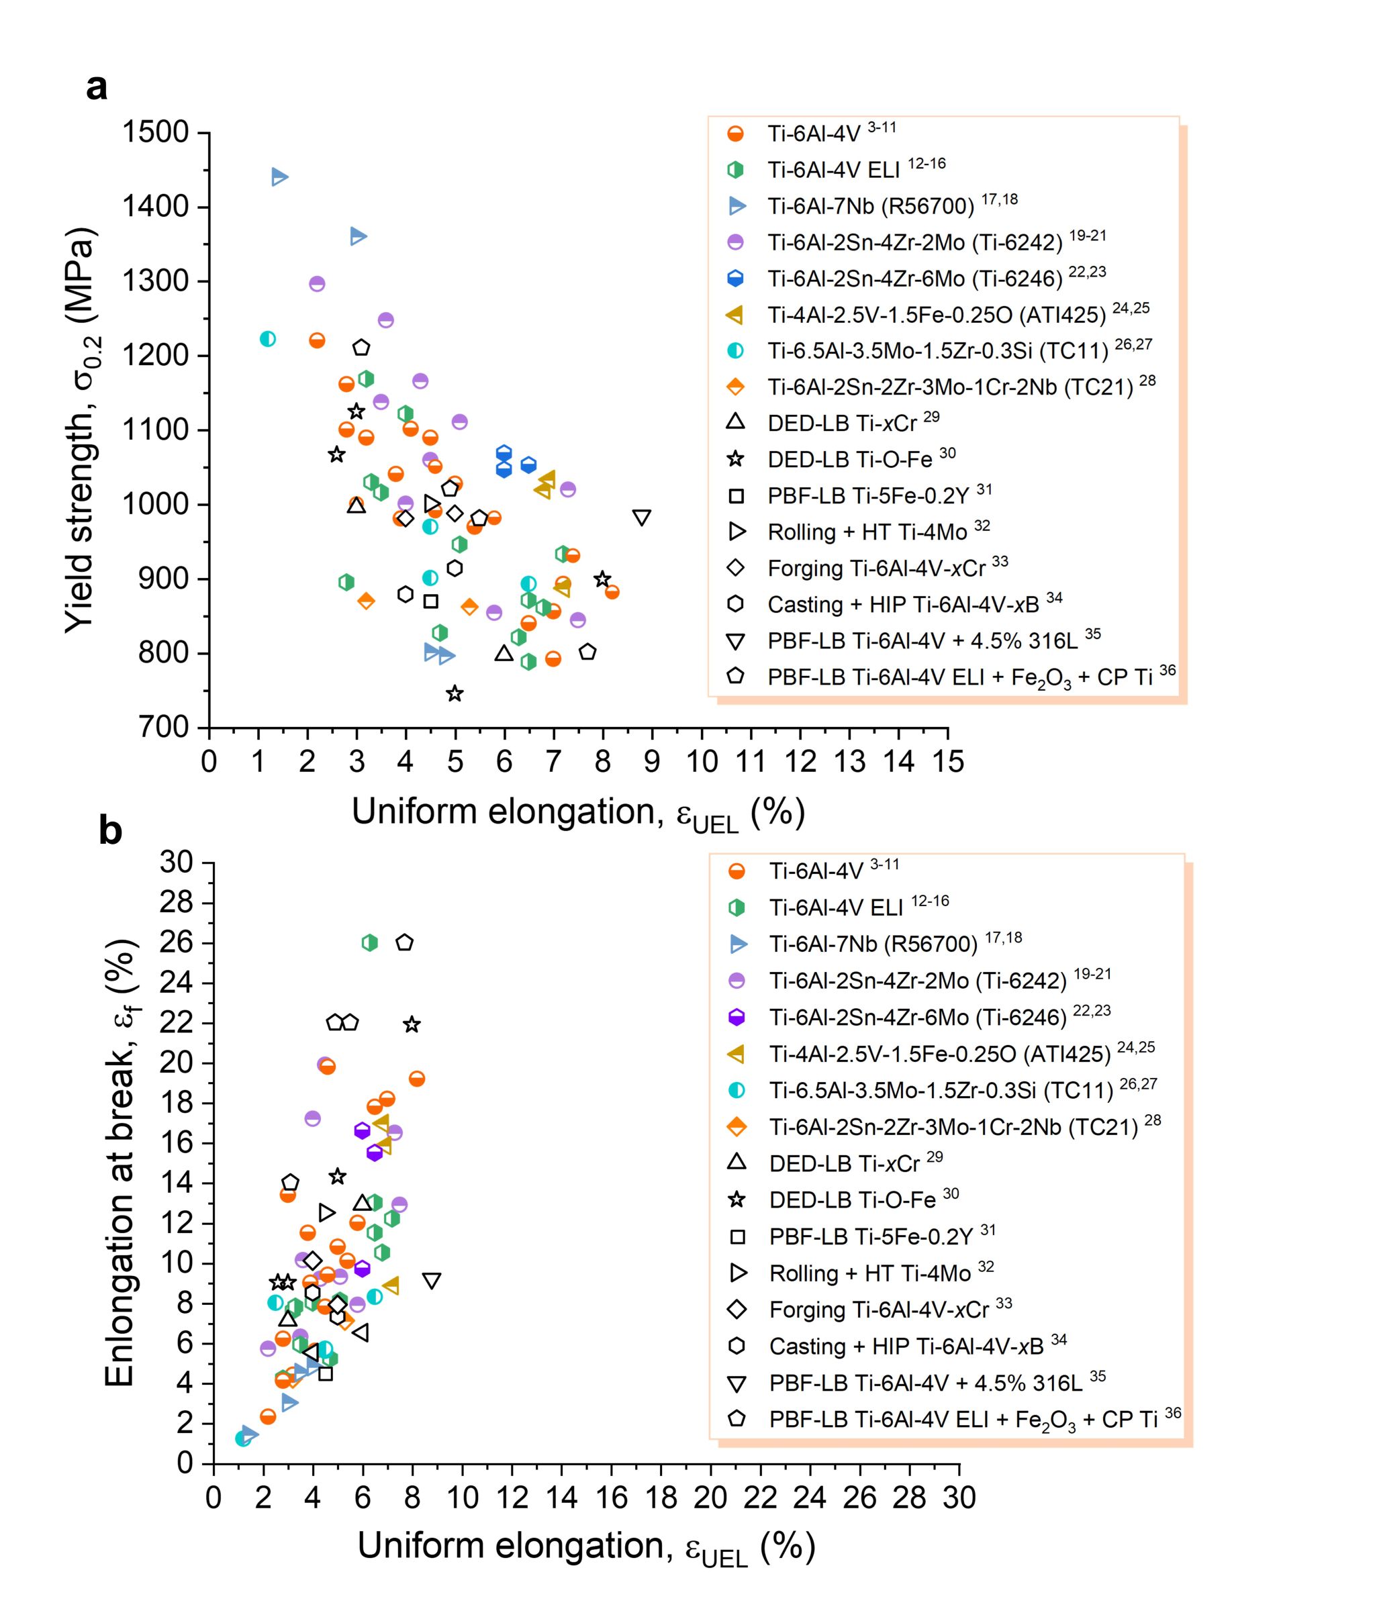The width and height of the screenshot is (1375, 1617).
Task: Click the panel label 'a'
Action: coord(97,87)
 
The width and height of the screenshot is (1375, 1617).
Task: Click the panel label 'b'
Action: coord(111,832)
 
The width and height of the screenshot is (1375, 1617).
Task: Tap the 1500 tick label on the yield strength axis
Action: coord(155,132)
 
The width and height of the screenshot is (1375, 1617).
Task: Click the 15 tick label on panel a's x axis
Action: coord(948,761)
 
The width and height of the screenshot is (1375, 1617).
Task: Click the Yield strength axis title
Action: coord(81,430)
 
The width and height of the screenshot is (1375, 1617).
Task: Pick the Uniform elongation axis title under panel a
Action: coord(577,813)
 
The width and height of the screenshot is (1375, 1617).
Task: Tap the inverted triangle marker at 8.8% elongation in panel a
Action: coord(642,518)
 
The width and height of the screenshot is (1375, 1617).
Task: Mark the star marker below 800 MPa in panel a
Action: coord(455,693)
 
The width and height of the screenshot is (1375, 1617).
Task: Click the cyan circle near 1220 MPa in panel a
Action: coord(267,339)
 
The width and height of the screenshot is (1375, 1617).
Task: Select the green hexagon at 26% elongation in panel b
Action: coord(369,942)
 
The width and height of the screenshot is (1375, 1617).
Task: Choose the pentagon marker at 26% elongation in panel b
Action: coord(404,942)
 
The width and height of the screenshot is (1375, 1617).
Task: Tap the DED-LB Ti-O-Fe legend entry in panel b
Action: coord(852,1199)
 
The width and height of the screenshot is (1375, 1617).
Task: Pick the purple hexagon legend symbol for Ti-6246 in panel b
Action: coord(736,1017)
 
